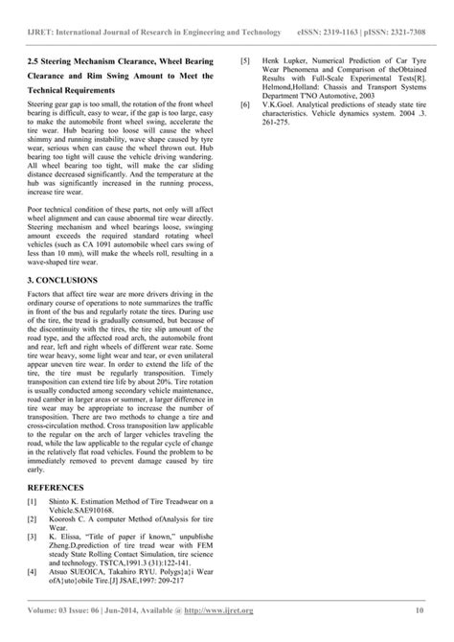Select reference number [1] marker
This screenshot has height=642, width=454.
(34, 501)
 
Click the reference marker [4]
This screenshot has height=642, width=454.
(34, 571)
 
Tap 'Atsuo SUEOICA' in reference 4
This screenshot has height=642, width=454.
(87, 571)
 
